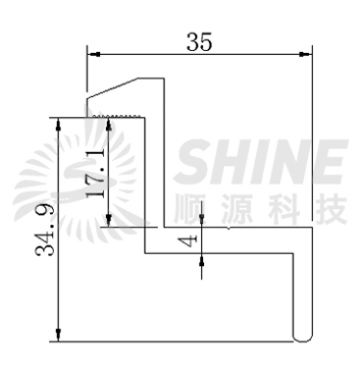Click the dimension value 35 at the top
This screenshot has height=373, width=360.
pyautogui.click(x=199, y=42)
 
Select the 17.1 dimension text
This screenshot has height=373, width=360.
pyautogui.click(x=96, y=172)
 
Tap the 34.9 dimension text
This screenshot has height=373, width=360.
pyautogui.click(x=44, y=230)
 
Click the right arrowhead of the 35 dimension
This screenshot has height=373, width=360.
pyautogui.click(x=306, y=54)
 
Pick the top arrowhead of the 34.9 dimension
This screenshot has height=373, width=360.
pyautogui.click(x=59, y=124)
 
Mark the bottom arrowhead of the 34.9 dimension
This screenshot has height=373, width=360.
pyautogui.click(x=59, y=336)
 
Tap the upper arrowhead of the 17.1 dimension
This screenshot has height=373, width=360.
pyautogui.click(x=109, y=124)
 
